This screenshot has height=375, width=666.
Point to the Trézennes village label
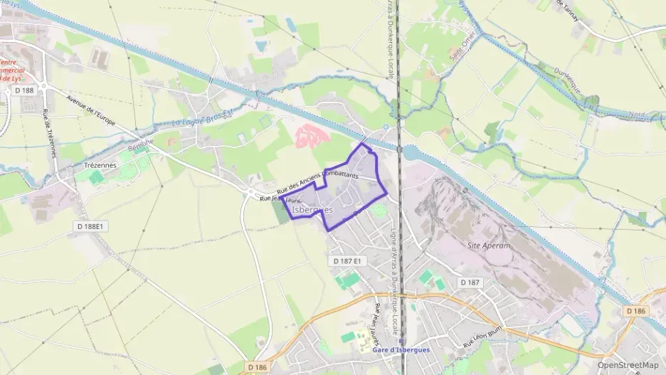[x=100, y=164]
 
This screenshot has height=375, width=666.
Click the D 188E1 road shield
[x=90, y=226]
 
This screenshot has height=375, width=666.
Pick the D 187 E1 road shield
[x=347, y=262]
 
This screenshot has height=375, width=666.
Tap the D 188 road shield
[x=23, y=90]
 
